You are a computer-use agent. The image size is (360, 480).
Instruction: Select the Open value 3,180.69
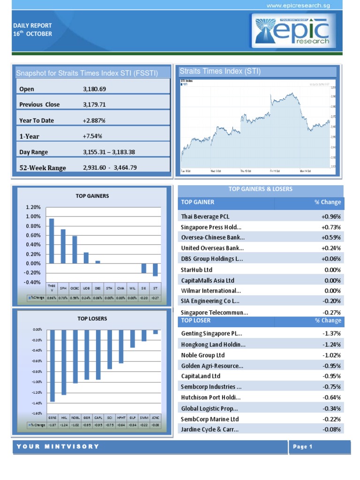pyautogui.click(x=94, y=89)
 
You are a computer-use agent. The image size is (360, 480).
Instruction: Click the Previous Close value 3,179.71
pyautogui.click(x=94, y=105)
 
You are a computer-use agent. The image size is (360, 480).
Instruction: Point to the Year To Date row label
pyautogui.click(x=37, y=120)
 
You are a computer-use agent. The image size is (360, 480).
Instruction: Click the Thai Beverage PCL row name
pyautogui.click(x=205, y=217)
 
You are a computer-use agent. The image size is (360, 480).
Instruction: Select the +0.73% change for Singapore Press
pyautogui.click(x=331, y=227)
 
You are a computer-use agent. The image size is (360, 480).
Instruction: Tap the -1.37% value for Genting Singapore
pyautogui.click(x=331, y=333)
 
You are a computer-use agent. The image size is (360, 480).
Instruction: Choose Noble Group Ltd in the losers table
pyautogui.click(x=203, y=355)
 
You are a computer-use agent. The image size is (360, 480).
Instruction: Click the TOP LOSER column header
pyautogui.click(x=196, y=321)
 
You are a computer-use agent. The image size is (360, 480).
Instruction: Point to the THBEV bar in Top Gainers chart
pyautogui.click(x=52, y=241)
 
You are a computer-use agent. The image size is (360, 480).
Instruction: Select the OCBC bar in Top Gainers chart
pyautogui.click(x=75, y=249)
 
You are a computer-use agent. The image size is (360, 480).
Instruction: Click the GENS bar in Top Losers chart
pyautogui.click(x=52, y=366)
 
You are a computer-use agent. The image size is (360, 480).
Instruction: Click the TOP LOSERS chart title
pyautogui.click(x=92, y=319)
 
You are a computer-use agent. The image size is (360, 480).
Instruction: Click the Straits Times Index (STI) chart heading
pyautogui.click(x=220, y=71)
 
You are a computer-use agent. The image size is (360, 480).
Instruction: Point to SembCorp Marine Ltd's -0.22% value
pyautogui.click(x=331, y=419)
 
